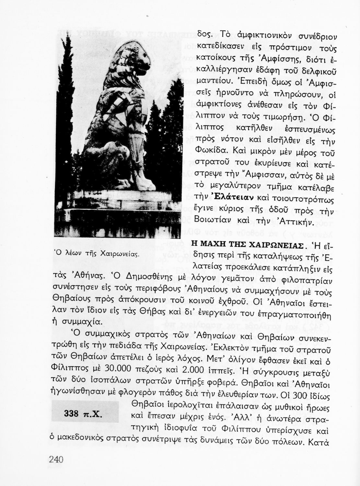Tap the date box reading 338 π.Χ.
point(85,413)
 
